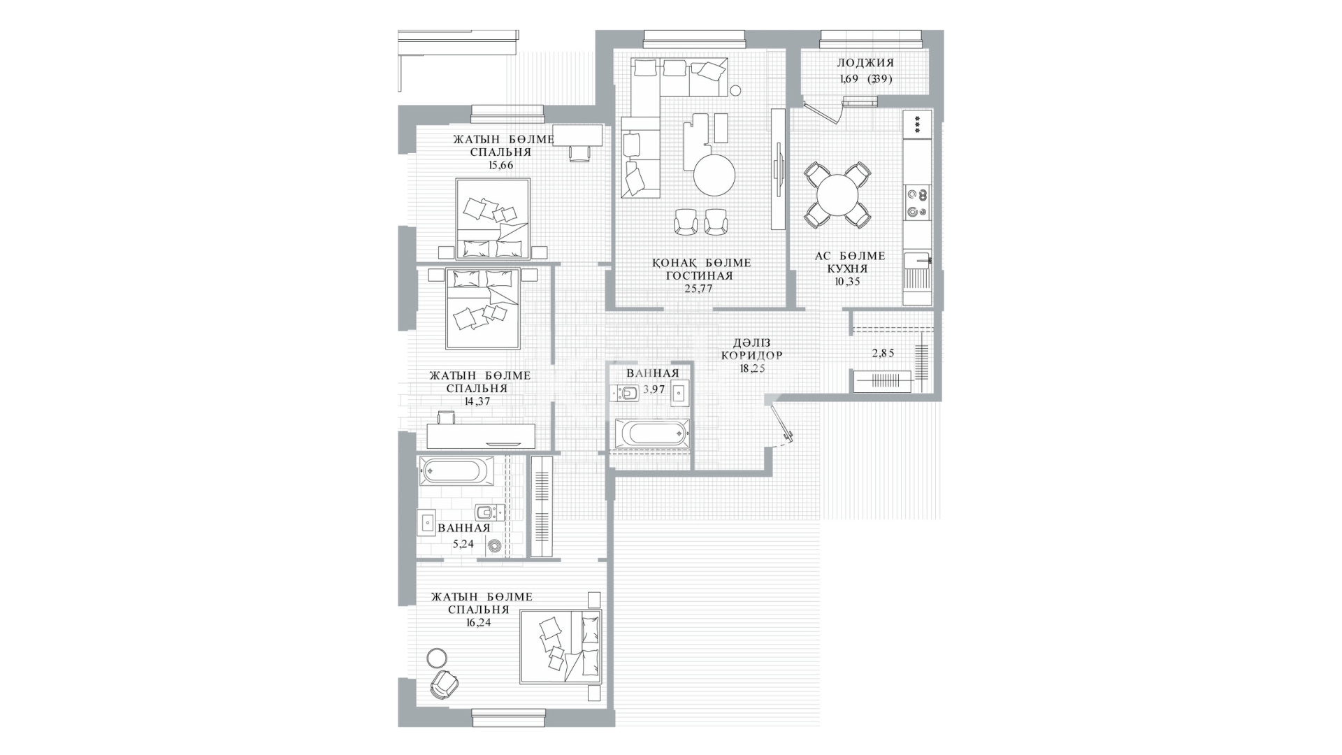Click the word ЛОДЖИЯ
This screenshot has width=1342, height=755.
point(865,63)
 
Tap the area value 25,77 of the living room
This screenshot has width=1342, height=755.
point(699,289)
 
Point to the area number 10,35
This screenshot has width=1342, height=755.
point(847,282)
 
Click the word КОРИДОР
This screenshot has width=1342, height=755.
point(751,355)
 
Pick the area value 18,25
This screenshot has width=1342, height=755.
point(752,368)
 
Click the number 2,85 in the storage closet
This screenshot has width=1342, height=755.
point(883,353)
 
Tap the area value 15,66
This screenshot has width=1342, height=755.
point(501,166)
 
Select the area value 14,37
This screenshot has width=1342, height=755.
point(478,402)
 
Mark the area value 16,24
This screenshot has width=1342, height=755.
point(478,623)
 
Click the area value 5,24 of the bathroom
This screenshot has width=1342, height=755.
point(463,542)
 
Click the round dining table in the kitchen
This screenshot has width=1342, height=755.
point(837,194)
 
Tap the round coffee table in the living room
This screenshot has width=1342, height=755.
point(714,175)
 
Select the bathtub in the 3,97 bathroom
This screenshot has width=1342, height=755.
point(652,434)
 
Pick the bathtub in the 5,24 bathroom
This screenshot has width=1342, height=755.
point(456,471)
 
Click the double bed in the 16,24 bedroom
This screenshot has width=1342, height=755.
point(561,647)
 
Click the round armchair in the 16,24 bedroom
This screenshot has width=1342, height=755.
point(443,684)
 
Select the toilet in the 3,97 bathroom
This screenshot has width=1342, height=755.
point(626,394)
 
